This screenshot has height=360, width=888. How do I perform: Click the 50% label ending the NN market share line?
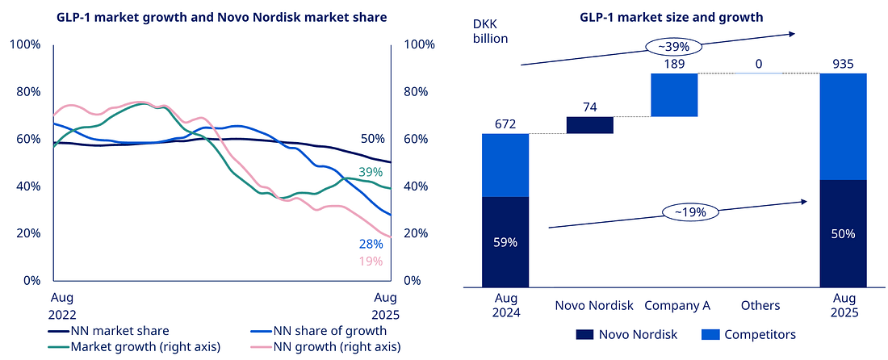click(x=373, y=139)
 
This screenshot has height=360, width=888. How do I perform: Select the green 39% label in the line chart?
click(x=371, y=173)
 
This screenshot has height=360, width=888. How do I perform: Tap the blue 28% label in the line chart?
click(x=371, y=244)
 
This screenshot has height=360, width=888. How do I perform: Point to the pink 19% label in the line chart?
click(x=371, y=261)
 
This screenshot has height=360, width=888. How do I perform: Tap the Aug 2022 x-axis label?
click(x=62, y=305)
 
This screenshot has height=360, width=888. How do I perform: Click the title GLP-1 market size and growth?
click(x=671, y=17)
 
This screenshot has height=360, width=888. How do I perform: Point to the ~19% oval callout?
click(x=684, y=212)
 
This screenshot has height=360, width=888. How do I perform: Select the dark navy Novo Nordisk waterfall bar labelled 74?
click(x=589, y=124)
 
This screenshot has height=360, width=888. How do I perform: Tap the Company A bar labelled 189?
click(x=674, y=95)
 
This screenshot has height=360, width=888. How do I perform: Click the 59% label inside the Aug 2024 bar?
click(x=505, y=241)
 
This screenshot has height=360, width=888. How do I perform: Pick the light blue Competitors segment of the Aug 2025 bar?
click(x=844, y=126)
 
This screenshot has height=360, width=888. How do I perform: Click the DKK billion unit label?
click(x=494, y=30)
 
